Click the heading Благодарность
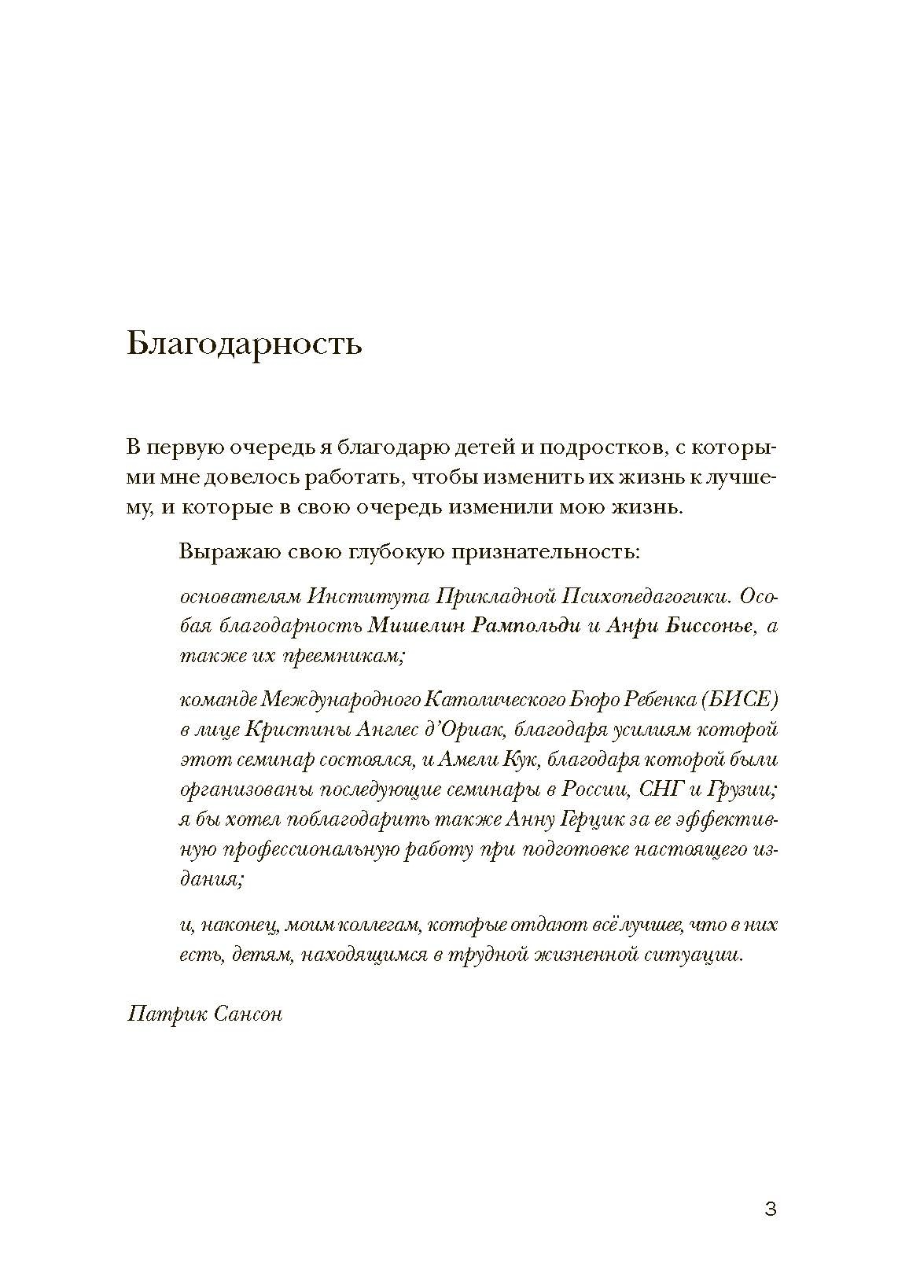pos(244,344)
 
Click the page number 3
pos(771,1209)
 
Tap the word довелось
pos(237,478)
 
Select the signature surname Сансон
pos(247,1014)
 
